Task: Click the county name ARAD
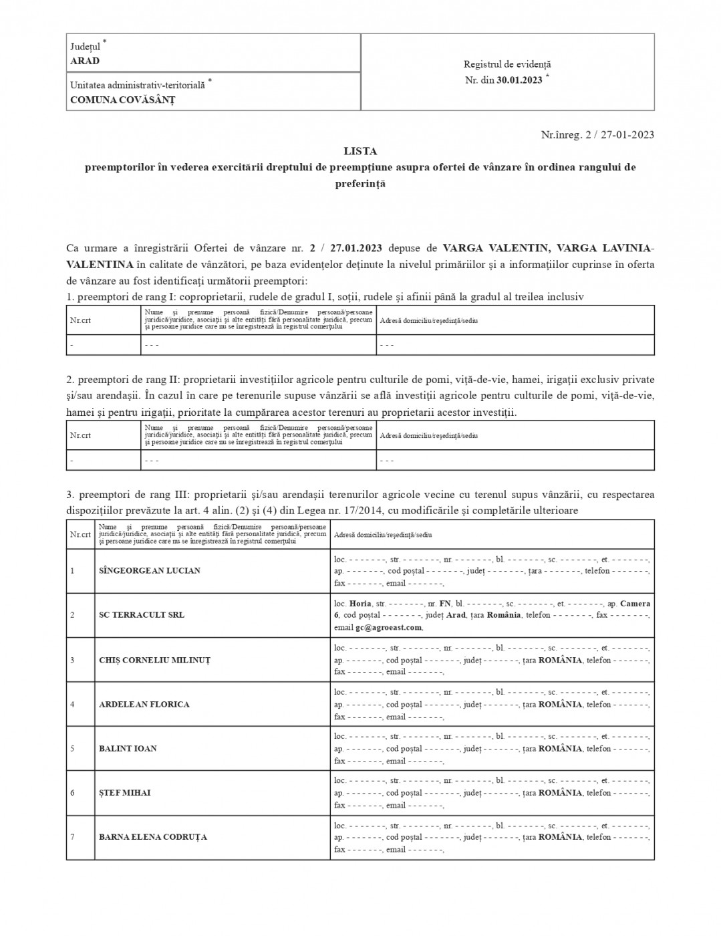(85, 61)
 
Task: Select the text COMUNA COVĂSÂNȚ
(122, 100)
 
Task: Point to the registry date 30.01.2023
(519, 80)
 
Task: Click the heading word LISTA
(360, 151)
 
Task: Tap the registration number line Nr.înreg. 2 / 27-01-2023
(597, 134)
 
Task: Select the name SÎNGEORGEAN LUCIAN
(150, 571)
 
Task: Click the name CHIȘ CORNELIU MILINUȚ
(154, 660)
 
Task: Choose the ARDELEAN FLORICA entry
(144, 704)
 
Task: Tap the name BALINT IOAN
(128, 748)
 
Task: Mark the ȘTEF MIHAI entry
(125, 792)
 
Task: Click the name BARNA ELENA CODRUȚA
(153, 836)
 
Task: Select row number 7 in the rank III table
(72, 837)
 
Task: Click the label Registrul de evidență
(507, 65)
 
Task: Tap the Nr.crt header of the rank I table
(80, 320)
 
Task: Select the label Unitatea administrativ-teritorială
(138, 85)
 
